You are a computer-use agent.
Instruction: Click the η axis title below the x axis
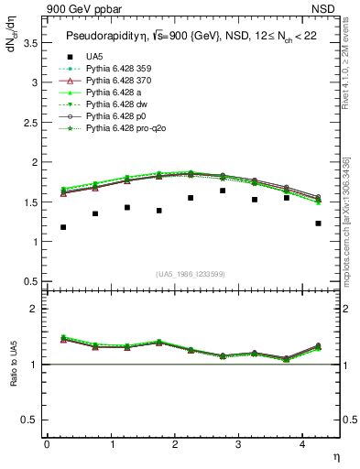pyautogui.click(x=334, y=455)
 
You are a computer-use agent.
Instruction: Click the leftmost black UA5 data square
pyautogui.click(x=63, y=227)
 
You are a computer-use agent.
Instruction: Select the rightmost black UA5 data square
pyautogui.click(x=318, y=224)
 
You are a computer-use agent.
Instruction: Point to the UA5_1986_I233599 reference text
pyautogui.click(x=191, y=274)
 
